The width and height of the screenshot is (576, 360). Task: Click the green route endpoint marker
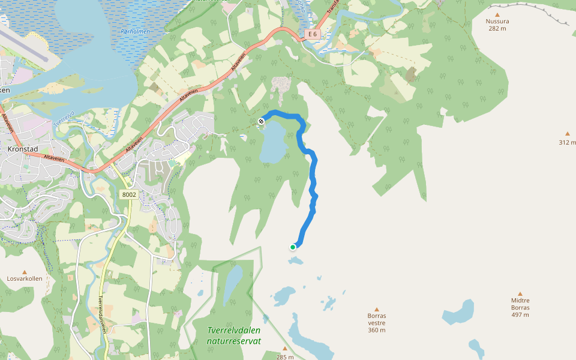[293, 247]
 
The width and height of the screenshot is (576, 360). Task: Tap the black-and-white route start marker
[261, 122]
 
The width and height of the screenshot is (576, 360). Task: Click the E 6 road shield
[312, 34]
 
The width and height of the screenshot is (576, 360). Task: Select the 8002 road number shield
[129, 194]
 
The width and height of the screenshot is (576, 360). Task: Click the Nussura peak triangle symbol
[497, 14]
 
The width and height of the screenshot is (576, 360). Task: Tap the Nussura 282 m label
[497, 25]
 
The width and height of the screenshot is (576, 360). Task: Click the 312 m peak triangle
[567, 134]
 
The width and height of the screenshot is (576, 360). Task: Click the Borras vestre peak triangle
[377, 309]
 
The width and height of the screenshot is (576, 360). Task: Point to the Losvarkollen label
[25, 278]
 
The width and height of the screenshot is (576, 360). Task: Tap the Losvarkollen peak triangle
[25, 272]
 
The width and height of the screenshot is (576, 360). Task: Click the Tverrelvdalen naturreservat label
[233, 335]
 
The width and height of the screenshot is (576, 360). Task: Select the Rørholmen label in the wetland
[135, 31]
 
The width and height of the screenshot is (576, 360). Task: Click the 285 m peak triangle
[285, 349]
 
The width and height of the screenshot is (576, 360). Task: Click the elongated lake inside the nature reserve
[232, 285]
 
